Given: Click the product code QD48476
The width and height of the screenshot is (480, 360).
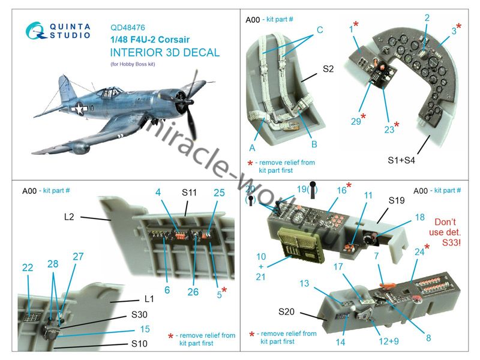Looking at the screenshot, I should [128, 27].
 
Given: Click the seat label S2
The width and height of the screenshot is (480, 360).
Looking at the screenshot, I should [328, 69].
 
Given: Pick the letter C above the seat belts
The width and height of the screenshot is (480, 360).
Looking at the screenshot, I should [320, 29].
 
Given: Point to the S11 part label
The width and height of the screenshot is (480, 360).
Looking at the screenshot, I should [189, 194].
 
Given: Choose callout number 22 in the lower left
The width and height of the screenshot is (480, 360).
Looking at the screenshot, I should [28, 268].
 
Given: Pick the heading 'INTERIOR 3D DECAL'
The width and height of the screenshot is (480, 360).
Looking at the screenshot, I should [165, 52].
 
